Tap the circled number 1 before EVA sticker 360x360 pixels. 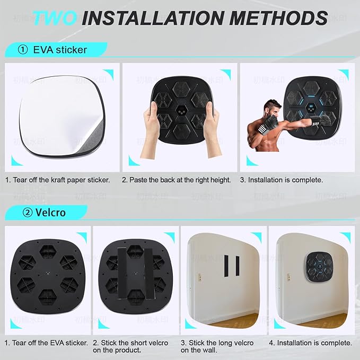(x=22, y=51)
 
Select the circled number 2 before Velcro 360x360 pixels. (x=22, y=213)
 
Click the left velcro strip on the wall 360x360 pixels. (x=225, y=266)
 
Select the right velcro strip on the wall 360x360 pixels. (x=236, y=266)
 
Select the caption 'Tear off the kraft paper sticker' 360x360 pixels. (x=58, y=180)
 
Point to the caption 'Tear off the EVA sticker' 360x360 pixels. (x=47, y=343)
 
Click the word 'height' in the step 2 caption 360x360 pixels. (x=220, y=180)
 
